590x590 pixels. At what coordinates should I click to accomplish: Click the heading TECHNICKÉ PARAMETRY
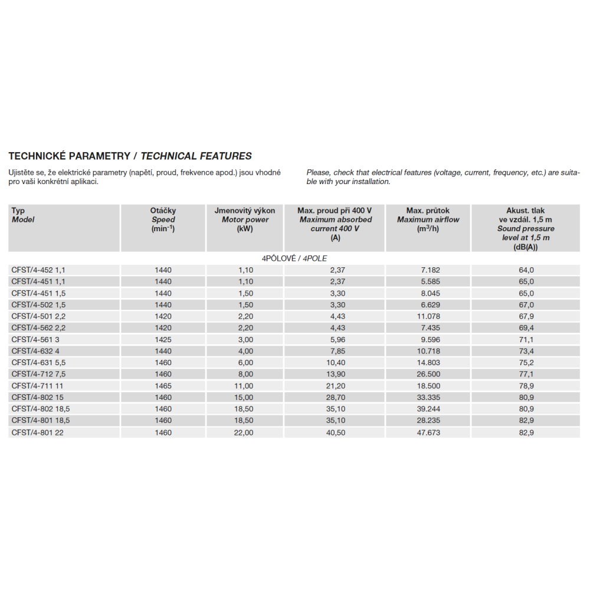(x=69, y=156)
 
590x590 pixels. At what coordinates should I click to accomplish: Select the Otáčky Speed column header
(x=163, y=219)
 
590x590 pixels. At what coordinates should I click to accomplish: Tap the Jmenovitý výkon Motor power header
(x=245, y=219)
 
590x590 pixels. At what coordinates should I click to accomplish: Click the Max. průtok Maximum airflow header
(x=428, y=219)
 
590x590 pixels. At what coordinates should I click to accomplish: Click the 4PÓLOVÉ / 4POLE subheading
(x=294, y=258)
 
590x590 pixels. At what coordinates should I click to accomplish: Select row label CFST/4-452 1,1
(x=38, y=270)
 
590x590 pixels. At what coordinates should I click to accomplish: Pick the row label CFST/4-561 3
(x=36, y=339)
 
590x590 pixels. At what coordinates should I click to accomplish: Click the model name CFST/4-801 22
(x=37, y=432)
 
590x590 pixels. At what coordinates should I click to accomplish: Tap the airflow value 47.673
(x=428, y=432)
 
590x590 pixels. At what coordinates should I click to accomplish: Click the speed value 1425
(x=163, y=339)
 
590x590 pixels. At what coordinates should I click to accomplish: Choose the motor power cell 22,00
(x=245, y=432)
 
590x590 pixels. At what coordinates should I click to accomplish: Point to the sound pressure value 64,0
(x=526, y=270)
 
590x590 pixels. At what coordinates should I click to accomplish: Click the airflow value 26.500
(x=428, y=374)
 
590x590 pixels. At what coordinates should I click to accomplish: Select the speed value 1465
(x=163, y=386)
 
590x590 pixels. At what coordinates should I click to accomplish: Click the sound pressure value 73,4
(x=526, y=351)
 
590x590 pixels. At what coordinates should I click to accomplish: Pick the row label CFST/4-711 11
(x=37, y=386)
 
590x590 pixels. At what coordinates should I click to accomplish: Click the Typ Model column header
(x=23, y=215)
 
